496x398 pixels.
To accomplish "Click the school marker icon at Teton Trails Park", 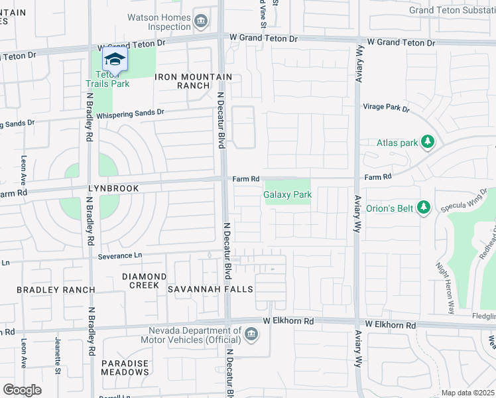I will click(x=115, y=60).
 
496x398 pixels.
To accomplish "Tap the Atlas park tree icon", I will click(x=428, y=142).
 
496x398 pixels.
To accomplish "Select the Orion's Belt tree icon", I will click(x=424, y=208).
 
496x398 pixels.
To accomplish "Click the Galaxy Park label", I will click(x=287, y=195).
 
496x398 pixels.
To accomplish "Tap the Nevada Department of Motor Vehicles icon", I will click(x=251, y=334).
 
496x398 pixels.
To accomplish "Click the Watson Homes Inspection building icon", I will click(x=200, y=22).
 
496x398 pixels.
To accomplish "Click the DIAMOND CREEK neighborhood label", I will click(x=144, y=281).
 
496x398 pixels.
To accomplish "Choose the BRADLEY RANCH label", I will click(x=56, y=290).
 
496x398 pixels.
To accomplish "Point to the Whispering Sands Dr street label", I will click(x=130, y=113).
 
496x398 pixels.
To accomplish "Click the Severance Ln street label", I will click(x=120, y=255).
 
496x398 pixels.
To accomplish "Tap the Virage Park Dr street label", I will click(x=387, y=107).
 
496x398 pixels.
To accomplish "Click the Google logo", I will click(x=22, y=389).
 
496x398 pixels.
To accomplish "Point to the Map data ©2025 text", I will click(x=467, y=393).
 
